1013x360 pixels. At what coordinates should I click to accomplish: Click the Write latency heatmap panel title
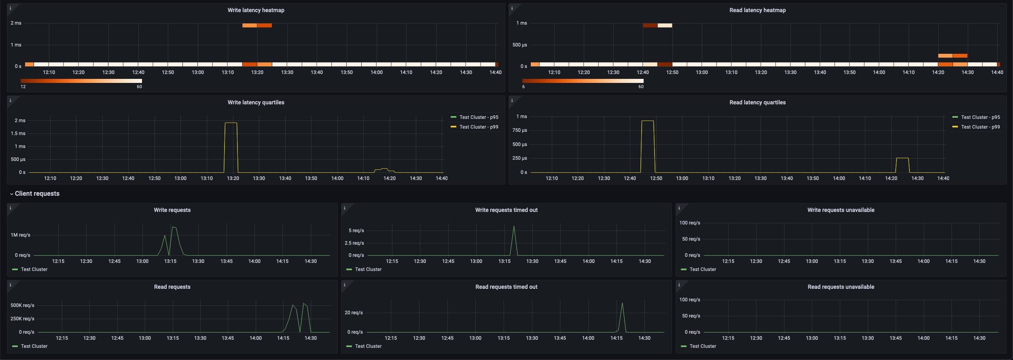point(256,10)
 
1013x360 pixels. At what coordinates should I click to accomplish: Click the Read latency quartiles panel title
point(757,102)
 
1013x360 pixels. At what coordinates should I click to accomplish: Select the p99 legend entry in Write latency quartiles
point(479,127)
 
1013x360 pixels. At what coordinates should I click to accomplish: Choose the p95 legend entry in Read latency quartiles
point(980,117)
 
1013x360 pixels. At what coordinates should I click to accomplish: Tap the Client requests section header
point(37,194)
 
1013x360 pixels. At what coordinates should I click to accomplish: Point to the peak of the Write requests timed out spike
point(514,226)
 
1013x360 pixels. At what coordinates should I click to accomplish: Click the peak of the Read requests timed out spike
point(622,303)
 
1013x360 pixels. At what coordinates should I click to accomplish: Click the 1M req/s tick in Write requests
point(21,235)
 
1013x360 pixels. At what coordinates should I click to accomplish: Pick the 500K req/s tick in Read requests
point(23,305)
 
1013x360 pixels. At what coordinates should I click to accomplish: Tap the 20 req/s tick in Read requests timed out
point(354,313)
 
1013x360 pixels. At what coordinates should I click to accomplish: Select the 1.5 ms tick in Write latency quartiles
point(18,133)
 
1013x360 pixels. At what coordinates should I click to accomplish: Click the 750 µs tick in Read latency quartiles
point(519,130)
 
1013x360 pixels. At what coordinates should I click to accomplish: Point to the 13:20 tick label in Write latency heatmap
point(257,72)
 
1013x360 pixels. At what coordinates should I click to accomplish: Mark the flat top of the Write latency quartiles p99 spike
point(231,123)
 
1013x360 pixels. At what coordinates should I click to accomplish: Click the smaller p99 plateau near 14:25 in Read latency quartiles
point(903,158)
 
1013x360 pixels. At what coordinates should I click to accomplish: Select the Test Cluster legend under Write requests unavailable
point(702,269)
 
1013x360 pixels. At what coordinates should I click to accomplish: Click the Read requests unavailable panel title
point(841,287)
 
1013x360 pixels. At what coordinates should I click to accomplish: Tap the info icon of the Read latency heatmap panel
point(512,8)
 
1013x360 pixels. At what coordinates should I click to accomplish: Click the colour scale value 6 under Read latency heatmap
point(523,87)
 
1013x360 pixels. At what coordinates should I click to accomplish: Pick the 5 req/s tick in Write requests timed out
point(356,231)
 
